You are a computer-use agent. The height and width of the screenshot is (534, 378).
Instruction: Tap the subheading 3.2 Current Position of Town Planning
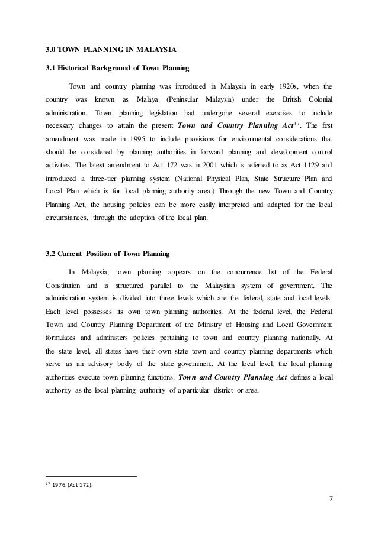[x=107, y=255]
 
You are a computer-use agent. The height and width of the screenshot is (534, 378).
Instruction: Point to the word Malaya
[x=148, y=98]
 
